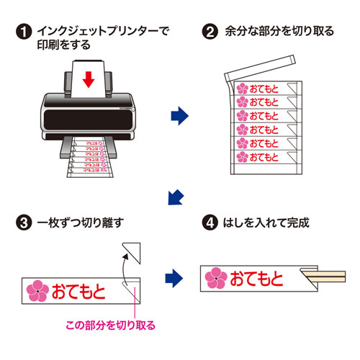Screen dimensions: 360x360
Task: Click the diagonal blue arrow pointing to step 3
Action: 174,195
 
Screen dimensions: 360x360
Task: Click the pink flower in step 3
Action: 37,291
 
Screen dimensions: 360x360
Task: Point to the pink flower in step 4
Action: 213,276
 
